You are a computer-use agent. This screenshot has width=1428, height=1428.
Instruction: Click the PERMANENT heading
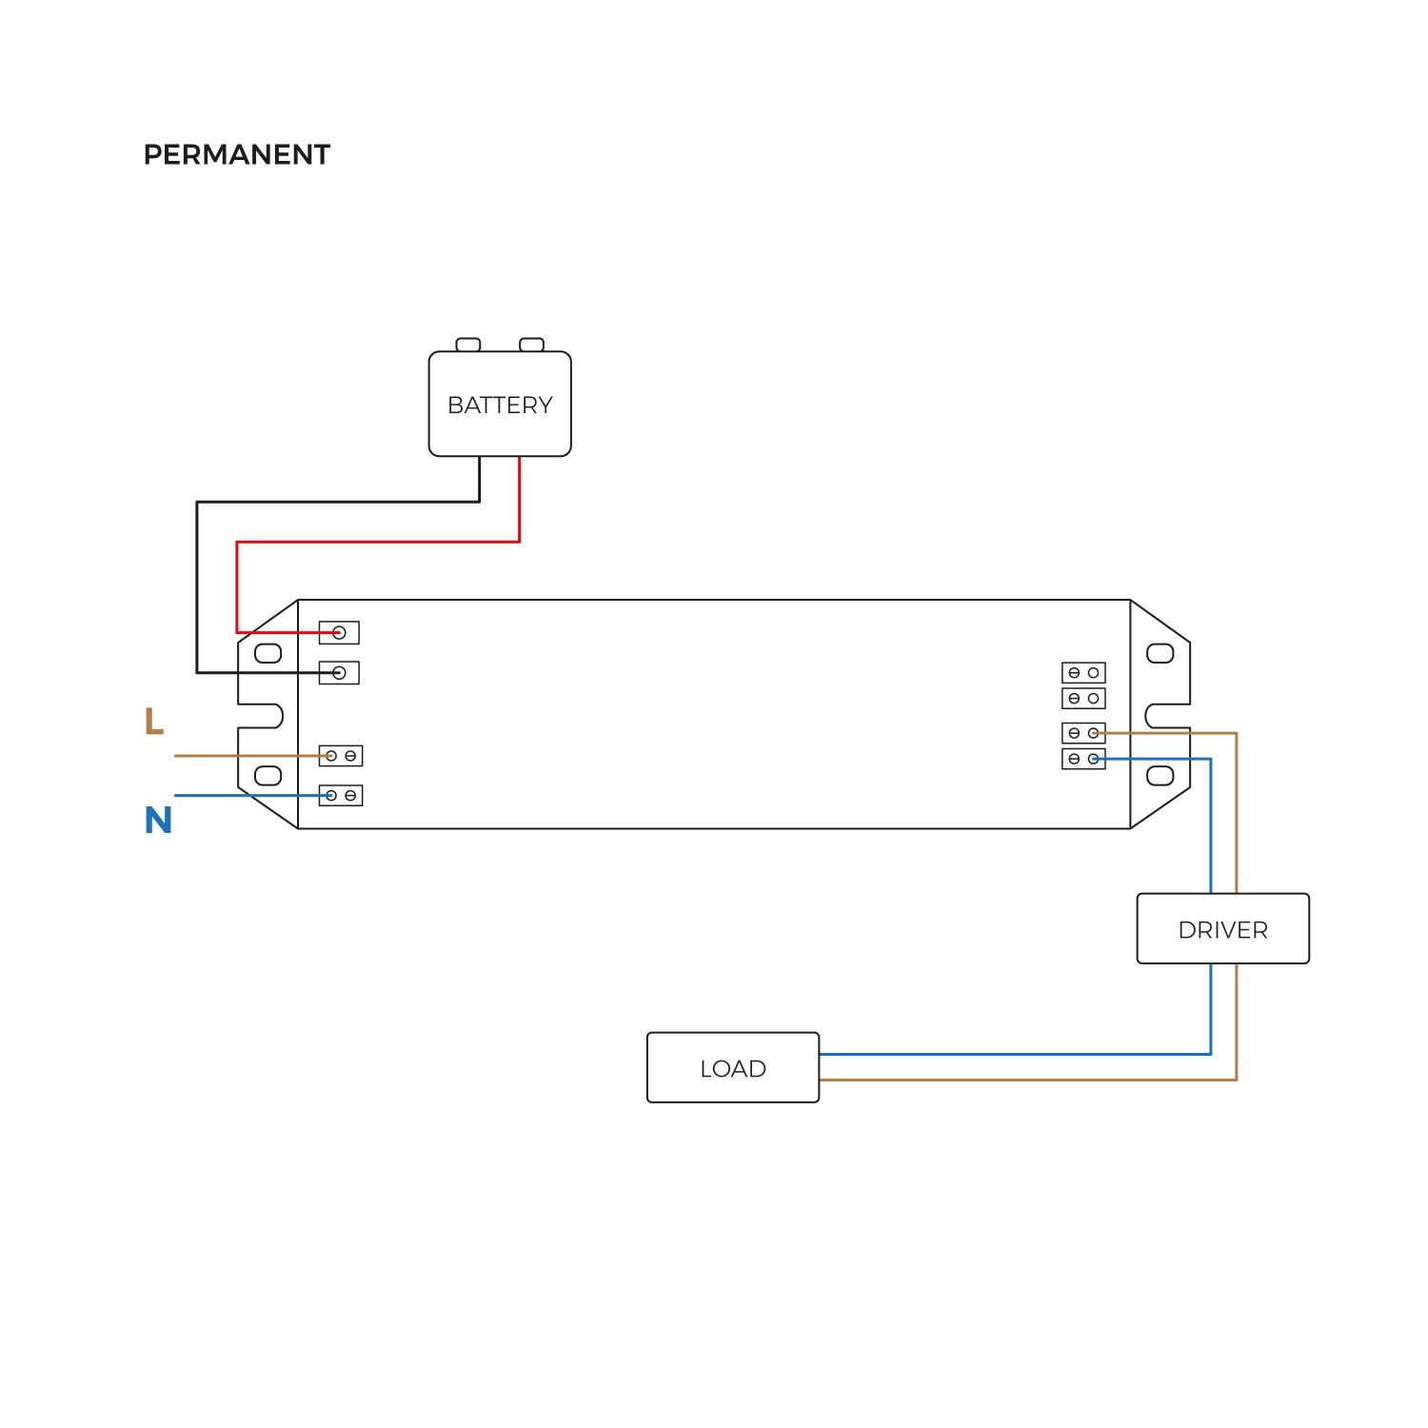click(236, 154)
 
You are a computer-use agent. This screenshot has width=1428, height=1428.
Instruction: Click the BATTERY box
click(500, 405)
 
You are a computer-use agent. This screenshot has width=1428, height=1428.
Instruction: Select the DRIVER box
click(1222, 929)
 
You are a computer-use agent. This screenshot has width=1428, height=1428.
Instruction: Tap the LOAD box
click(732, 1068)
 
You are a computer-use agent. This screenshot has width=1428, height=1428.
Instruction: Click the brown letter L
click(153, 722)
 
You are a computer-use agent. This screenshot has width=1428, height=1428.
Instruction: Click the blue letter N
click(158, 821)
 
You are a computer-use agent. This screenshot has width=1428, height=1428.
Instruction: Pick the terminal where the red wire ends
click(339, 632)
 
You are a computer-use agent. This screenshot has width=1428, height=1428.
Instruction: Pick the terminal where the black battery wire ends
click(339, 673)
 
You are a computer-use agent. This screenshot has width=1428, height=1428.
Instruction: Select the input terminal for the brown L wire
click(340, 756)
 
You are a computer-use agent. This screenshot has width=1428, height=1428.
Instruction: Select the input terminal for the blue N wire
click(340, 796)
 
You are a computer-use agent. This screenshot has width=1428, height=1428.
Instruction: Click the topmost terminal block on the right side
click(1083, 673)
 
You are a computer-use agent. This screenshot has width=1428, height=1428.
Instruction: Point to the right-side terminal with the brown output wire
click(1083, 733)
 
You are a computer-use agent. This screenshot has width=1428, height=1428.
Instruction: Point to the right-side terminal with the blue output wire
click(1083, 759)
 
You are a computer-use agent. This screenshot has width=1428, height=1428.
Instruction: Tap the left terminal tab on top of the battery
click(468, 345)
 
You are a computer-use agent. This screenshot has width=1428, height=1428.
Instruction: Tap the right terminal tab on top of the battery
click(531, 345)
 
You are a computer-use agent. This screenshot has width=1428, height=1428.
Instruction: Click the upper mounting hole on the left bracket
click(268, 653)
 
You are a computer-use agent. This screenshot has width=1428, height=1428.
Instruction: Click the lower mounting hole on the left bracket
click(268, 775)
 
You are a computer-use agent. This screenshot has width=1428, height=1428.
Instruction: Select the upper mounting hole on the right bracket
click(1160, 653)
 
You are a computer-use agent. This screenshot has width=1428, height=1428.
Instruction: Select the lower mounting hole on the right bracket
click(1160, 775)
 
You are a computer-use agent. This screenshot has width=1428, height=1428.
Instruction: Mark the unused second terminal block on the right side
click(1083, 699)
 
